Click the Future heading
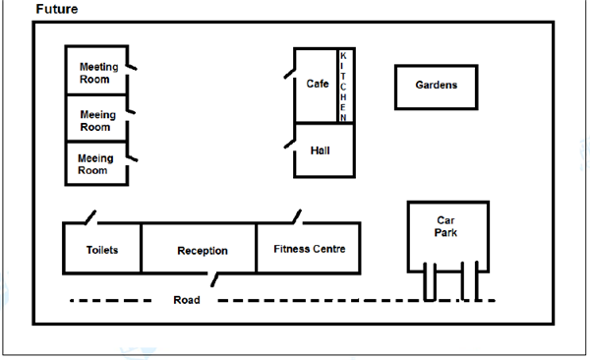tap(57, 9)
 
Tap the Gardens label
tap(437, 86)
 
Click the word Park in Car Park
tap(445, 233)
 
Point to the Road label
tap(187, 300)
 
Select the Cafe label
tap(318, 84)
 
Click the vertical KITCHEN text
tap(343, 87)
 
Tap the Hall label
tap(321, 150)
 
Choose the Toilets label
tap(102, 250)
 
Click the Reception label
tap(203, 251)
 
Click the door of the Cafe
tap(290, 74)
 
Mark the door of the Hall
tap(290, 145)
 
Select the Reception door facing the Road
tap(214, 279)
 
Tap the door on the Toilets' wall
tap(90, 217)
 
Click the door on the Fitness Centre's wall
tap(297, 216)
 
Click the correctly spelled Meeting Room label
tap(99, 73)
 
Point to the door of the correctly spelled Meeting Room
tap(131, 67)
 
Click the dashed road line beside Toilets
tap(110, 301)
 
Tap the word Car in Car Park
tap(445, 220)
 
